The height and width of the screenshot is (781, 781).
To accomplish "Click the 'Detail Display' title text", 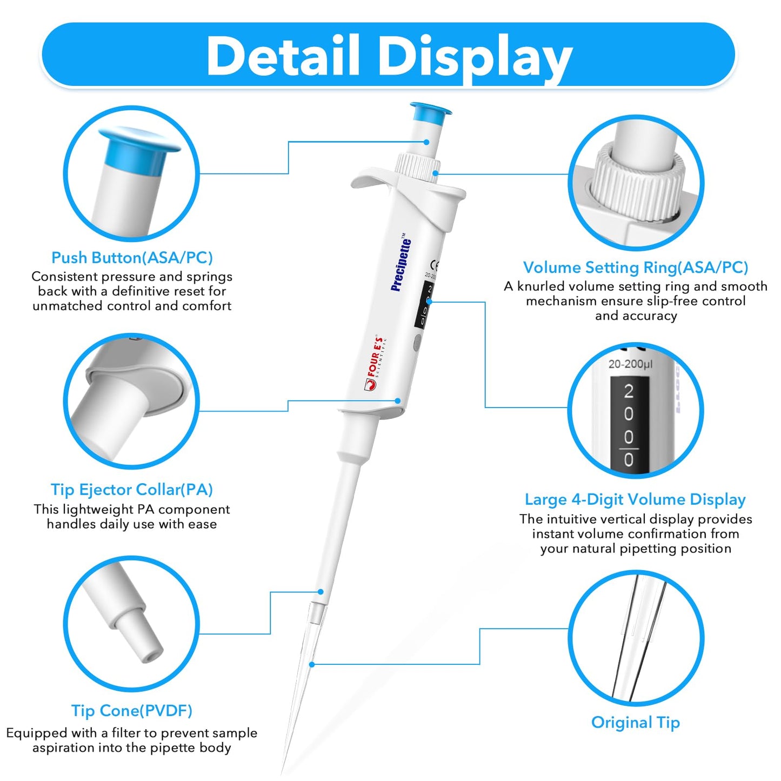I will click(x=389, y=56).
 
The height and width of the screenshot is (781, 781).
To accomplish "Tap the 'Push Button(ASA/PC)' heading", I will click(x=132, y=257).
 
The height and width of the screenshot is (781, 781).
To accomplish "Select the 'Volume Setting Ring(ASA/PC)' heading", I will click(x=636, y=268).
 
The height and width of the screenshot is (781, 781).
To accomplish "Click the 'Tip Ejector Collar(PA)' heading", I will click(x=132, y=490).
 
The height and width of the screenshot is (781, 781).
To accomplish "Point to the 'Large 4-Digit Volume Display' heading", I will click(x=636, y=499).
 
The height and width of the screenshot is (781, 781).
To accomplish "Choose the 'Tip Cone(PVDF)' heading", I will click(x=132, y=711).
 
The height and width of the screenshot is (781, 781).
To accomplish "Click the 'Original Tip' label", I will click(x=636, y=723).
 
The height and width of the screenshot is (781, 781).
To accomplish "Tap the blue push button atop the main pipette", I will click(x=430, y=111).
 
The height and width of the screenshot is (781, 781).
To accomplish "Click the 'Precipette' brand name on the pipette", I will click(x=400, y=265).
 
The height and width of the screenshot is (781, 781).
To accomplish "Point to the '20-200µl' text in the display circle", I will click(x=630, y=364).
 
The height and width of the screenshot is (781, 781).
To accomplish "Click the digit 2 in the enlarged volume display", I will click(x=629, y=391).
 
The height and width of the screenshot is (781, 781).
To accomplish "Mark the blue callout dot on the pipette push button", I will click(x=426, y=142).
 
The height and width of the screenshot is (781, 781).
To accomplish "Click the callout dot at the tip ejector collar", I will click(x=398, y=400).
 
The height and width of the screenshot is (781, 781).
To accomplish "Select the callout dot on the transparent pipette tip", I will click(x=312, y=664).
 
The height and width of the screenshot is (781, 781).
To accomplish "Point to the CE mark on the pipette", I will click(x=433, y=265).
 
